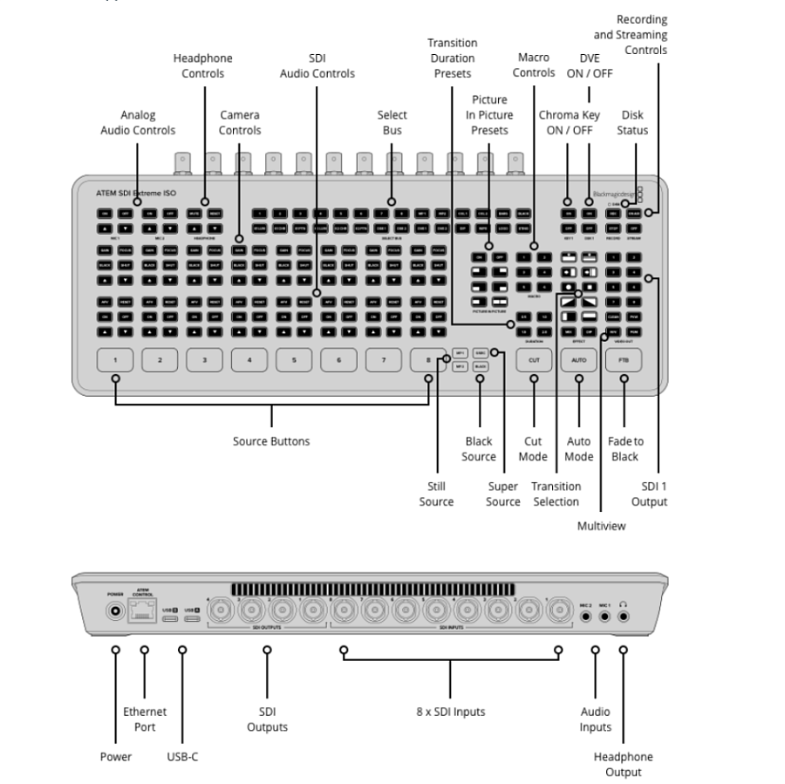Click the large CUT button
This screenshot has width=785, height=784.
coord(534,359)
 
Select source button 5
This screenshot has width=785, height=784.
coord(294,359)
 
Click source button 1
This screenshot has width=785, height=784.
coord(114,359)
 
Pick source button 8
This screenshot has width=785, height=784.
coord(428,359)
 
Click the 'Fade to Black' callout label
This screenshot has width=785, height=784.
coord(625,448)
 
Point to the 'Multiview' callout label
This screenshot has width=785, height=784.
coord(602,525)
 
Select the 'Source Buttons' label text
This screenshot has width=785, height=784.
coord(270,441)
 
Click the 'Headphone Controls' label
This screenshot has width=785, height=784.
coord(202,65)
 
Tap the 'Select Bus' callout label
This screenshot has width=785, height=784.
coord(392,122)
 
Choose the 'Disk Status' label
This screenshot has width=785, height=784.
coord(634,122)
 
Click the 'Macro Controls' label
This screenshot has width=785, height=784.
coord(534,65)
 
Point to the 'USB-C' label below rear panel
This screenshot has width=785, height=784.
coord(182,756)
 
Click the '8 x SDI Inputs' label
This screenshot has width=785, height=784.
coord(450,712)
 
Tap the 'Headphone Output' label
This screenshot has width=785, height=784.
coord(623,764)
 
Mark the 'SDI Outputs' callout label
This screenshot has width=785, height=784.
coord(267,719)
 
